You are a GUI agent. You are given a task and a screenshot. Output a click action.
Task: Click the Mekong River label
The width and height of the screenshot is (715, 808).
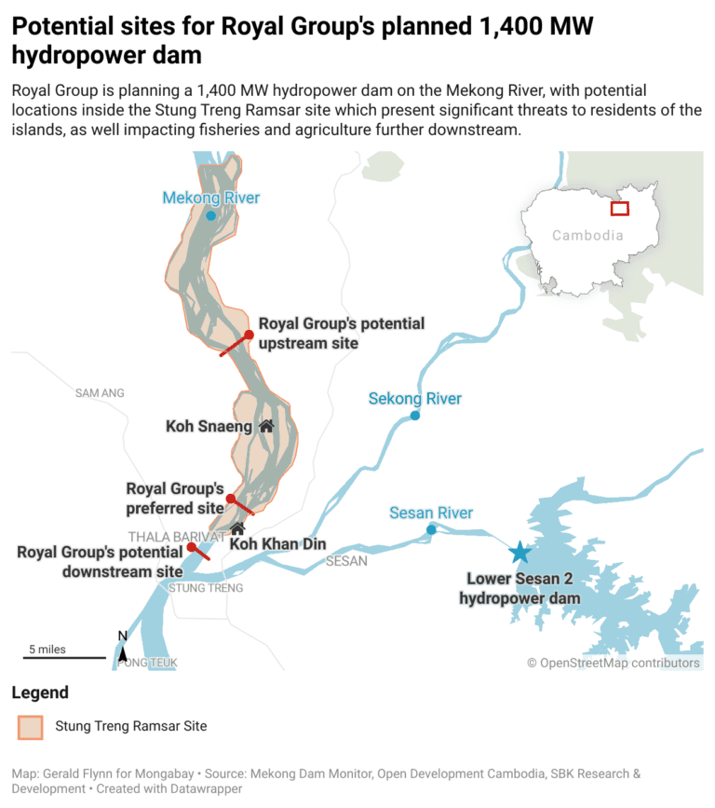coord(210,198)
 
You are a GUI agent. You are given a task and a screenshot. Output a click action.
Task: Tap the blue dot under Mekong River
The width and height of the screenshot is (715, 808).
coord(211,215)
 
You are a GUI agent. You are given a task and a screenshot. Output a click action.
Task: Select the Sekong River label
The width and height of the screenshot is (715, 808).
coord(414,399)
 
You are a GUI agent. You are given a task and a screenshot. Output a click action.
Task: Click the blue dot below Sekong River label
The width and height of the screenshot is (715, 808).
coord(415,416)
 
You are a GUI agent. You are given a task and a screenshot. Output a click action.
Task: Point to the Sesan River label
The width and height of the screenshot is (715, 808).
coord(431,513)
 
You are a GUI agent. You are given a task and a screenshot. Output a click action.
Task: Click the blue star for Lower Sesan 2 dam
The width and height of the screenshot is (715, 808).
coord(519,553)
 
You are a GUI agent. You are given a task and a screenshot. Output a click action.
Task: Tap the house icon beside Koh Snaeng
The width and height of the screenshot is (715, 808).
coord(266,426)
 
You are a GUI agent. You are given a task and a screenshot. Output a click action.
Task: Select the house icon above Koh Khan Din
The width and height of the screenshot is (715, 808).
coord(237,528)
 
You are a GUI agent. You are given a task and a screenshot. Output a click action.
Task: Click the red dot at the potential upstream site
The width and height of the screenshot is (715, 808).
coord(249,335)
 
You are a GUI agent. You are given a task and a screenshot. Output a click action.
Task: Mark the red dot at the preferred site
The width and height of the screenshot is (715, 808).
coord(231,500)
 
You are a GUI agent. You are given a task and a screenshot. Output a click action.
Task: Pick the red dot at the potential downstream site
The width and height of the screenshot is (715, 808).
coord(191,547)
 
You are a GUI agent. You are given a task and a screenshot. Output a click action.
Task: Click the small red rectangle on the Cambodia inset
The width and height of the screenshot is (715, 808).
coord(619,208)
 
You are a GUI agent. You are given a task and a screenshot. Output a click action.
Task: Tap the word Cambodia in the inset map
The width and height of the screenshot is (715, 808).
coord(587,235)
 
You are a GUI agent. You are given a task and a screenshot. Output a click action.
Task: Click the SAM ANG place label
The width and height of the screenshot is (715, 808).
coord(100,393)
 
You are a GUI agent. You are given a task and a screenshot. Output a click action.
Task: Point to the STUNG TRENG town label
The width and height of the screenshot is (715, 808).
coord(206,588)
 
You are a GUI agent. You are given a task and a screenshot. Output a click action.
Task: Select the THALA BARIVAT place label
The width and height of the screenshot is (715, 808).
coord(176,537)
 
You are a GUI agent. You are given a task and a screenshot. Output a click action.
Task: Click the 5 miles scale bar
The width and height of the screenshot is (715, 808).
coord(63,657)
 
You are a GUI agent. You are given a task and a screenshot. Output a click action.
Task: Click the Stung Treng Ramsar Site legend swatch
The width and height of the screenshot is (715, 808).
coord(31,727)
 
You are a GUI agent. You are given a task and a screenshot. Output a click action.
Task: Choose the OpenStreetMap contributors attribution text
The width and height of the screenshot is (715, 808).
coord(614,663)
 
